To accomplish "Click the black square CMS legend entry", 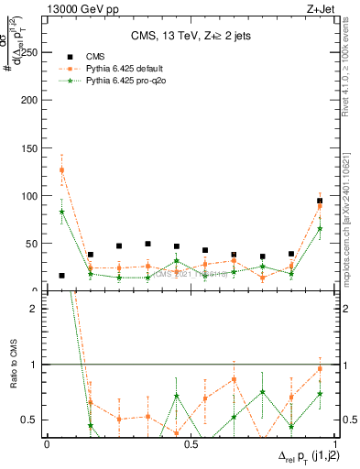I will pyautogui.click(x=67, y=55).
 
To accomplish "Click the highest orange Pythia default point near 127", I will pyautogui.click(x=61, y=169).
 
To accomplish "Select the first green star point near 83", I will pyautogui.click(x=61, y=212).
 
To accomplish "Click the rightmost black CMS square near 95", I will pyautogui.click(x=320, y=201).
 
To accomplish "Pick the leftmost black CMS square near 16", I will pyautogui.click(x=61, y=275).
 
